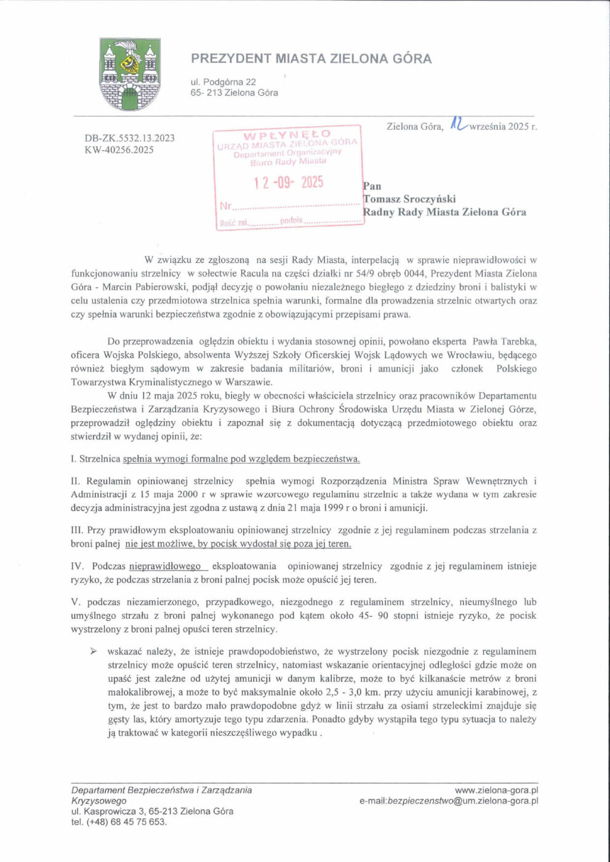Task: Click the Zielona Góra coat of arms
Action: [130, 75]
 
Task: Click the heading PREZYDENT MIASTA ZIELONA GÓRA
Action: [311, 58]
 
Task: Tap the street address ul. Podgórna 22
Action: [223, 82]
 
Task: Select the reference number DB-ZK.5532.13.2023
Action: [129, 138]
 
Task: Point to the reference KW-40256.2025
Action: [119, 150]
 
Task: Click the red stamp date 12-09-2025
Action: [288, 182]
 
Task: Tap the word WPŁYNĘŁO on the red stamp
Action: [287, 134]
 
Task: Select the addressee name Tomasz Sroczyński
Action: [409, 199]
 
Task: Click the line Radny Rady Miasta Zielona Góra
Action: [444, 212]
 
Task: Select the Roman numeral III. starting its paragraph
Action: [77, 530]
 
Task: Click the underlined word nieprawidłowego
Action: [165, 566]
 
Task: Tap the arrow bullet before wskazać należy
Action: [94, 651]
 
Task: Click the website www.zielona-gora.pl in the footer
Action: [496, 790]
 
